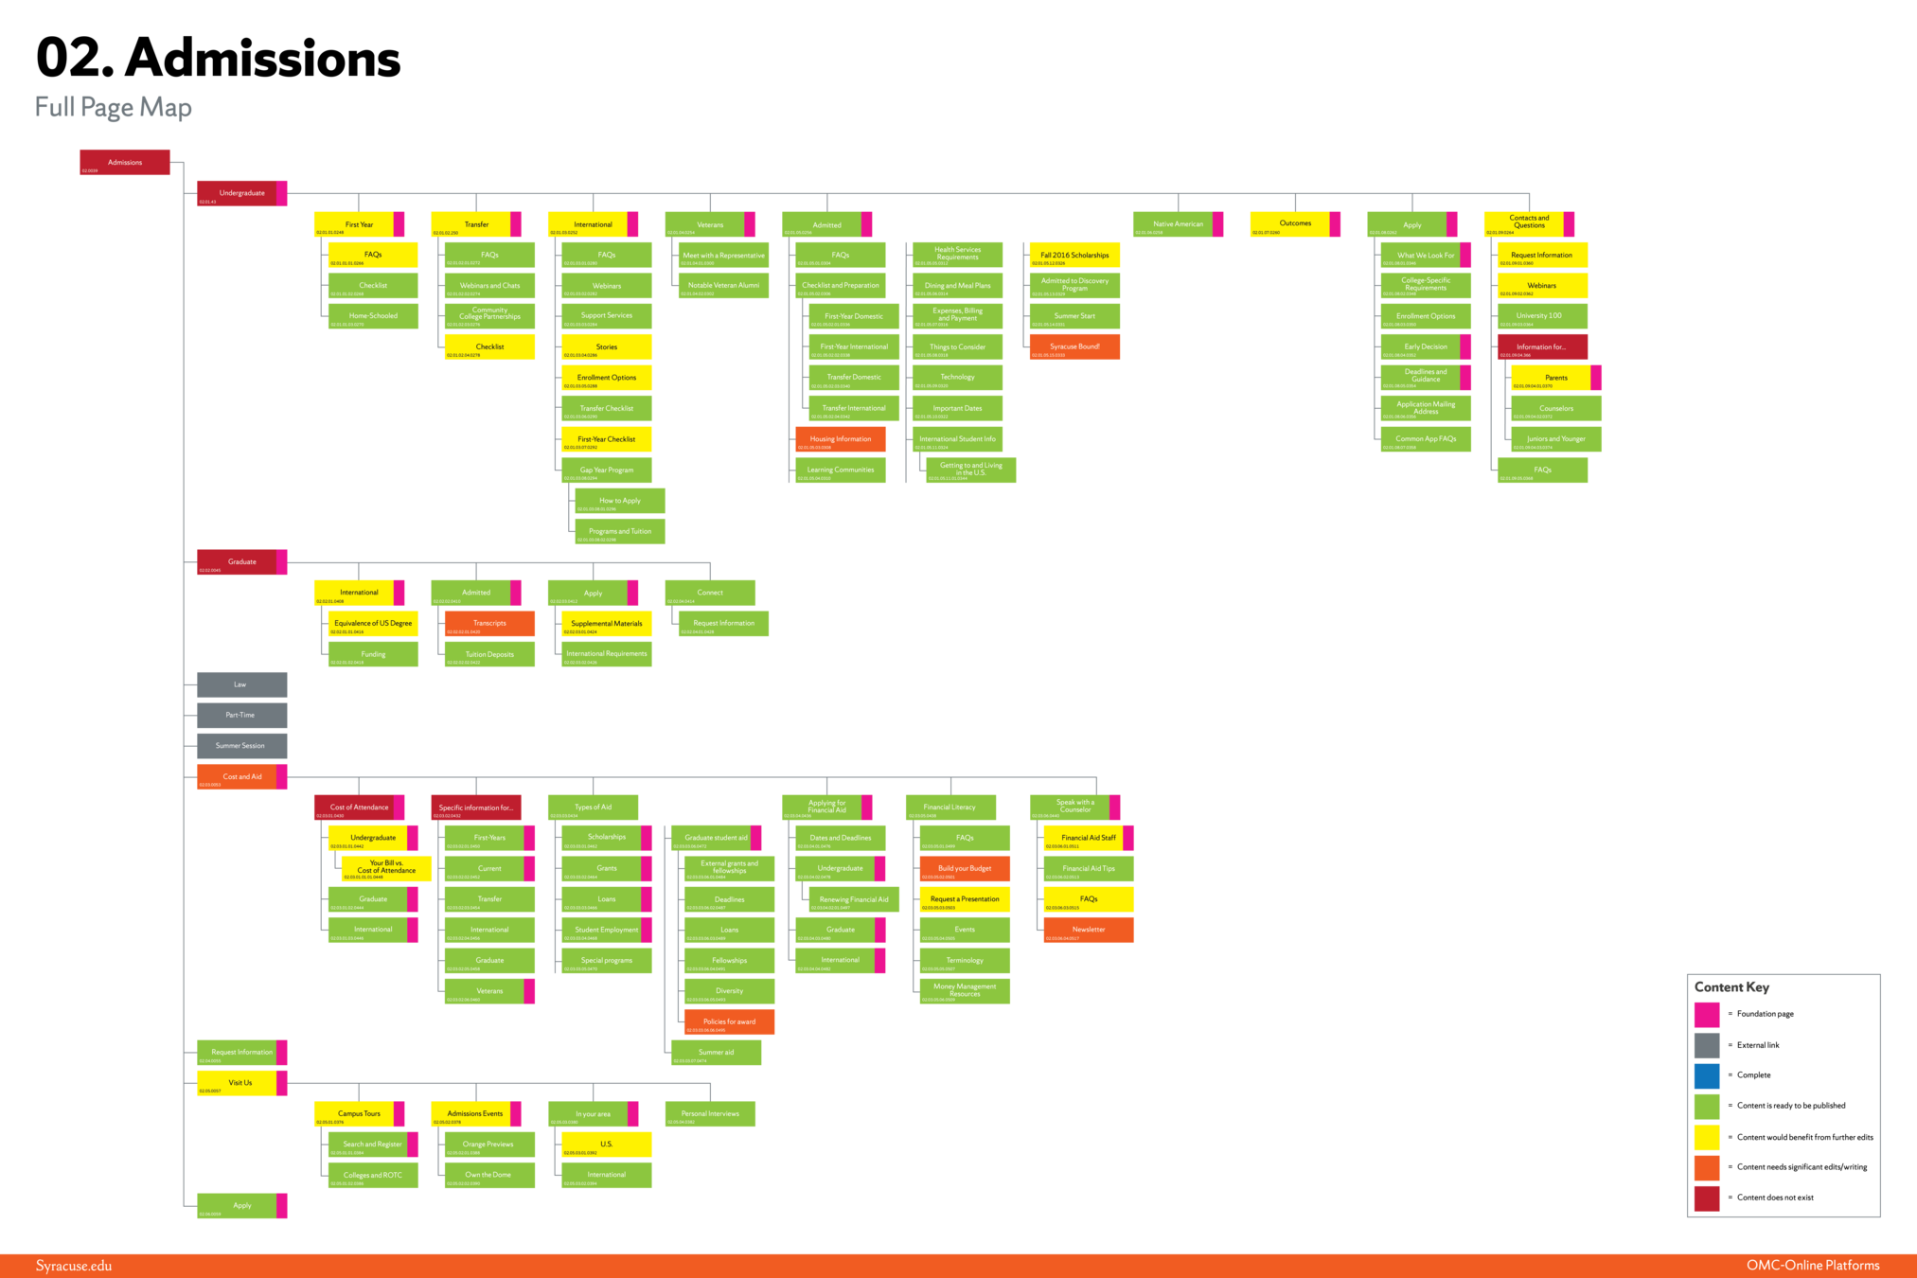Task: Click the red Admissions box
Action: pos(124,162)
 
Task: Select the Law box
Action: pos(240,684)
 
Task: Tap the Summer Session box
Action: pos(240,746)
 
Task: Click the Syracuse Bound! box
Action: pos(1074,346)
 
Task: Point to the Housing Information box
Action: pos(840,439)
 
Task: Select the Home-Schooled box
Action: pos(373,316)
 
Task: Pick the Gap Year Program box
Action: pos(607,470)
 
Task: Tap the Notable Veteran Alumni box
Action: pos(723,285)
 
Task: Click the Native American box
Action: pos(1177,224)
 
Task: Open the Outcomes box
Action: pos(1294,224)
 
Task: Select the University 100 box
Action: pos(1541,316)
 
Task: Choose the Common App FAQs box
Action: pos(1425,439)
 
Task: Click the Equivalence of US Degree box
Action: pos(373,623)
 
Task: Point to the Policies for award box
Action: pos(729,1021)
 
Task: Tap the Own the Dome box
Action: pos(488,1175)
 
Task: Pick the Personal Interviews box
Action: pos(710,1114)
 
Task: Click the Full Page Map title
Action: pos(114,107)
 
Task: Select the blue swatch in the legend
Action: pos(1707,1076)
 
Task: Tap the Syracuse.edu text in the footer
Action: pos(74,1266)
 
